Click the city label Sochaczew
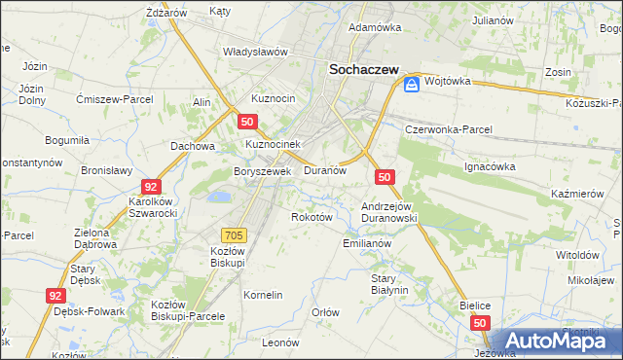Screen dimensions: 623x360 (x=366, y=69)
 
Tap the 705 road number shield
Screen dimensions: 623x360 (x=234, y=234)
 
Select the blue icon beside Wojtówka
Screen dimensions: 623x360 (x=412, y=85)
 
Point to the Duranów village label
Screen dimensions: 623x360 (x=325, y=170)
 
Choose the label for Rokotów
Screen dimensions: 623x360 (x=312, y=217)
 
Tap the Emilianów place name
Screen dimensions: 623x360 (x=366, y=243)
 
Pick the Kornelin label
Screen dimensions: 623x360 (x=263, y=295)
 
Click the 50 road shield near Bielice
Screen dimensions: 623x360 (x=479, y=322)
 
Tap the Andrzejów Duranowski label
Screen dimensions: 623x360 (x=389, y=212)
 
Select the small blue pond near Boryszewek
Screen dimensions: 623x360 (x=219, y=197)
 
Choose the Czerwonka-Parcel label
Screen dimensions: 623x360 (x=449, y=128)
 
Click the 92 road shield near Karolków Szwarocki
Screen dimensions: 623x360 (x=150, y=186)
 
